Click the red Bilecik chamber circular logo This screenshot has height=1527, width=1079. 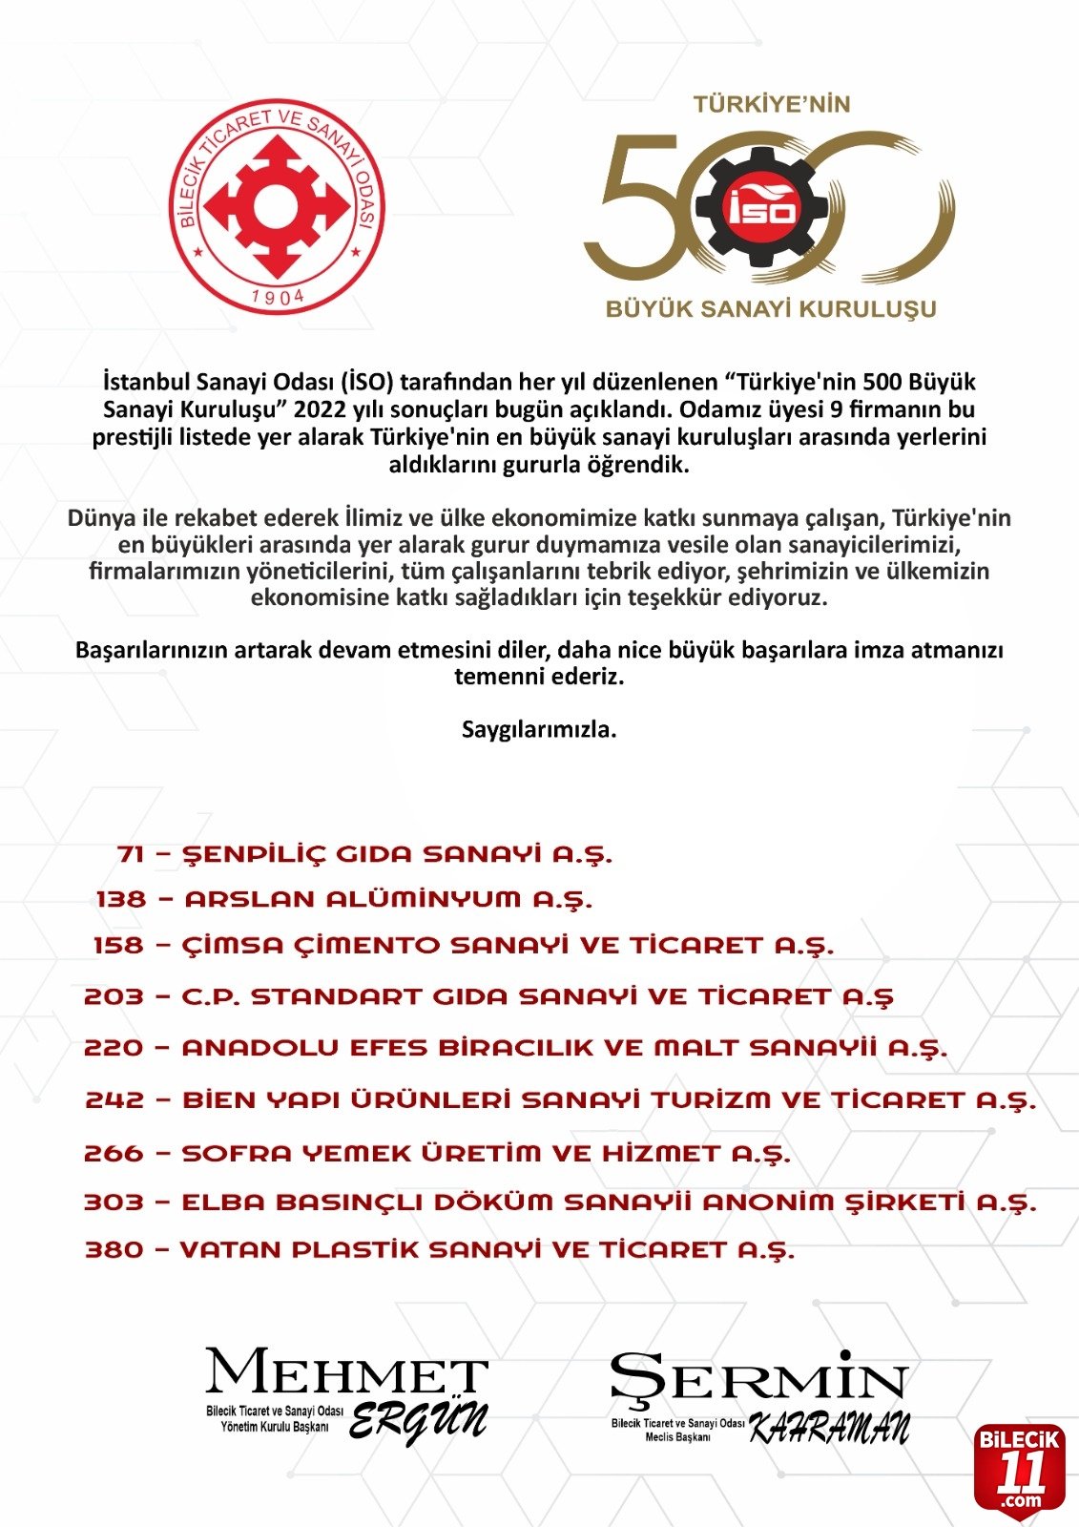(278, 207)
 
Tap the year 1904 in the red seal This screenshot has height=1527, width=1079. (278, 296)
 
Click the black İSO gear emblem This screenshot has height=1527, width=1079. (761, 207)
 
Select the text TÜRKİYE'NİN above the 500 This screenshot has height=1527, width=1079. (771, 104)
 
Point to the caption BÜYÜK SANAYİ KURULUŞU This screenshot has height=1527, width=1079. (771, 309)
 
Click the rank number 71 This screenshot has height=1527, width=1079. (131, 854)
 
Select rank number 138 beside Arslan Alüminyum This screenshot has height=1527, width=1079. (121, 899)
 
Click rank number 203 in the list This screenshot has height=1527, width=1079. (114, 997)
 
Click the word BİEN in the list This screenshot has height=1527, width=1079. (214, 1099)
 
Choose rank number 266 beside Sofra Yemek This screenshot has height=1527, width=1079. (114, 1153)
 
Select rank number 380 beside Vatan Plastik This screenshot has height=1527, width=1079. (114, 1249)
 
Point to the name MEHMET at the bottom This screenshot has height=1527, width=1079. (346, 1373)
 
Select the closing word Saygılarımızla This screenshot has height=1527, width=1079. (539, 730)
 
